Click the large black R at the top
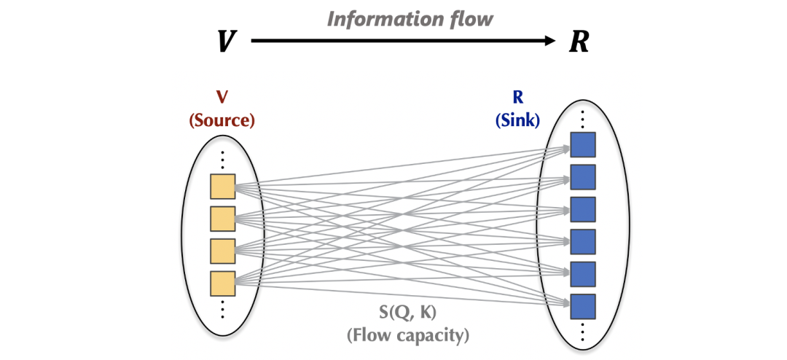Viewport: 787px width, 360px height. [x=578, y=42]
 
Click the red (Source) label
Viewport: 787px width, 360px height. [x=222, y=121]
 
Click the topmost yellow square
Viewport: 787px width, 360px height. [x=222, y=187]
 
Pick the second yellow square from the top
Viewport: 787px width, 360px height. [x=222, y=219]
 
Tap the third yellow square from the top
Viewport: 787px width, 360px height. [x=222, y=251]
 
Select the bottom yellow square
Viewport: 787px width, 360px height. [x=222, y=283]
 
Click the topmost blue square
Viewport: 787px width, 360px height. [x=583, y=145]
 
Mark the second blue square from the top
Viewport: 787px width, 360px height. [x=583, y=177]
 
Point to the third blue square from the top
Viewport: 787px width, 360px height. [x=583, y=209]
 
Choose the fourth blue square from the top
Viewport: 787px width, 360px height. [x=583, y=241]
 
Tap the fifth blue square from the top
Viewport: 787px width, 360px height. [x=583, y=273]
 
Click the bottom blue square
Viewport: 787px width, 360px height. [x=583, y=305]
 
